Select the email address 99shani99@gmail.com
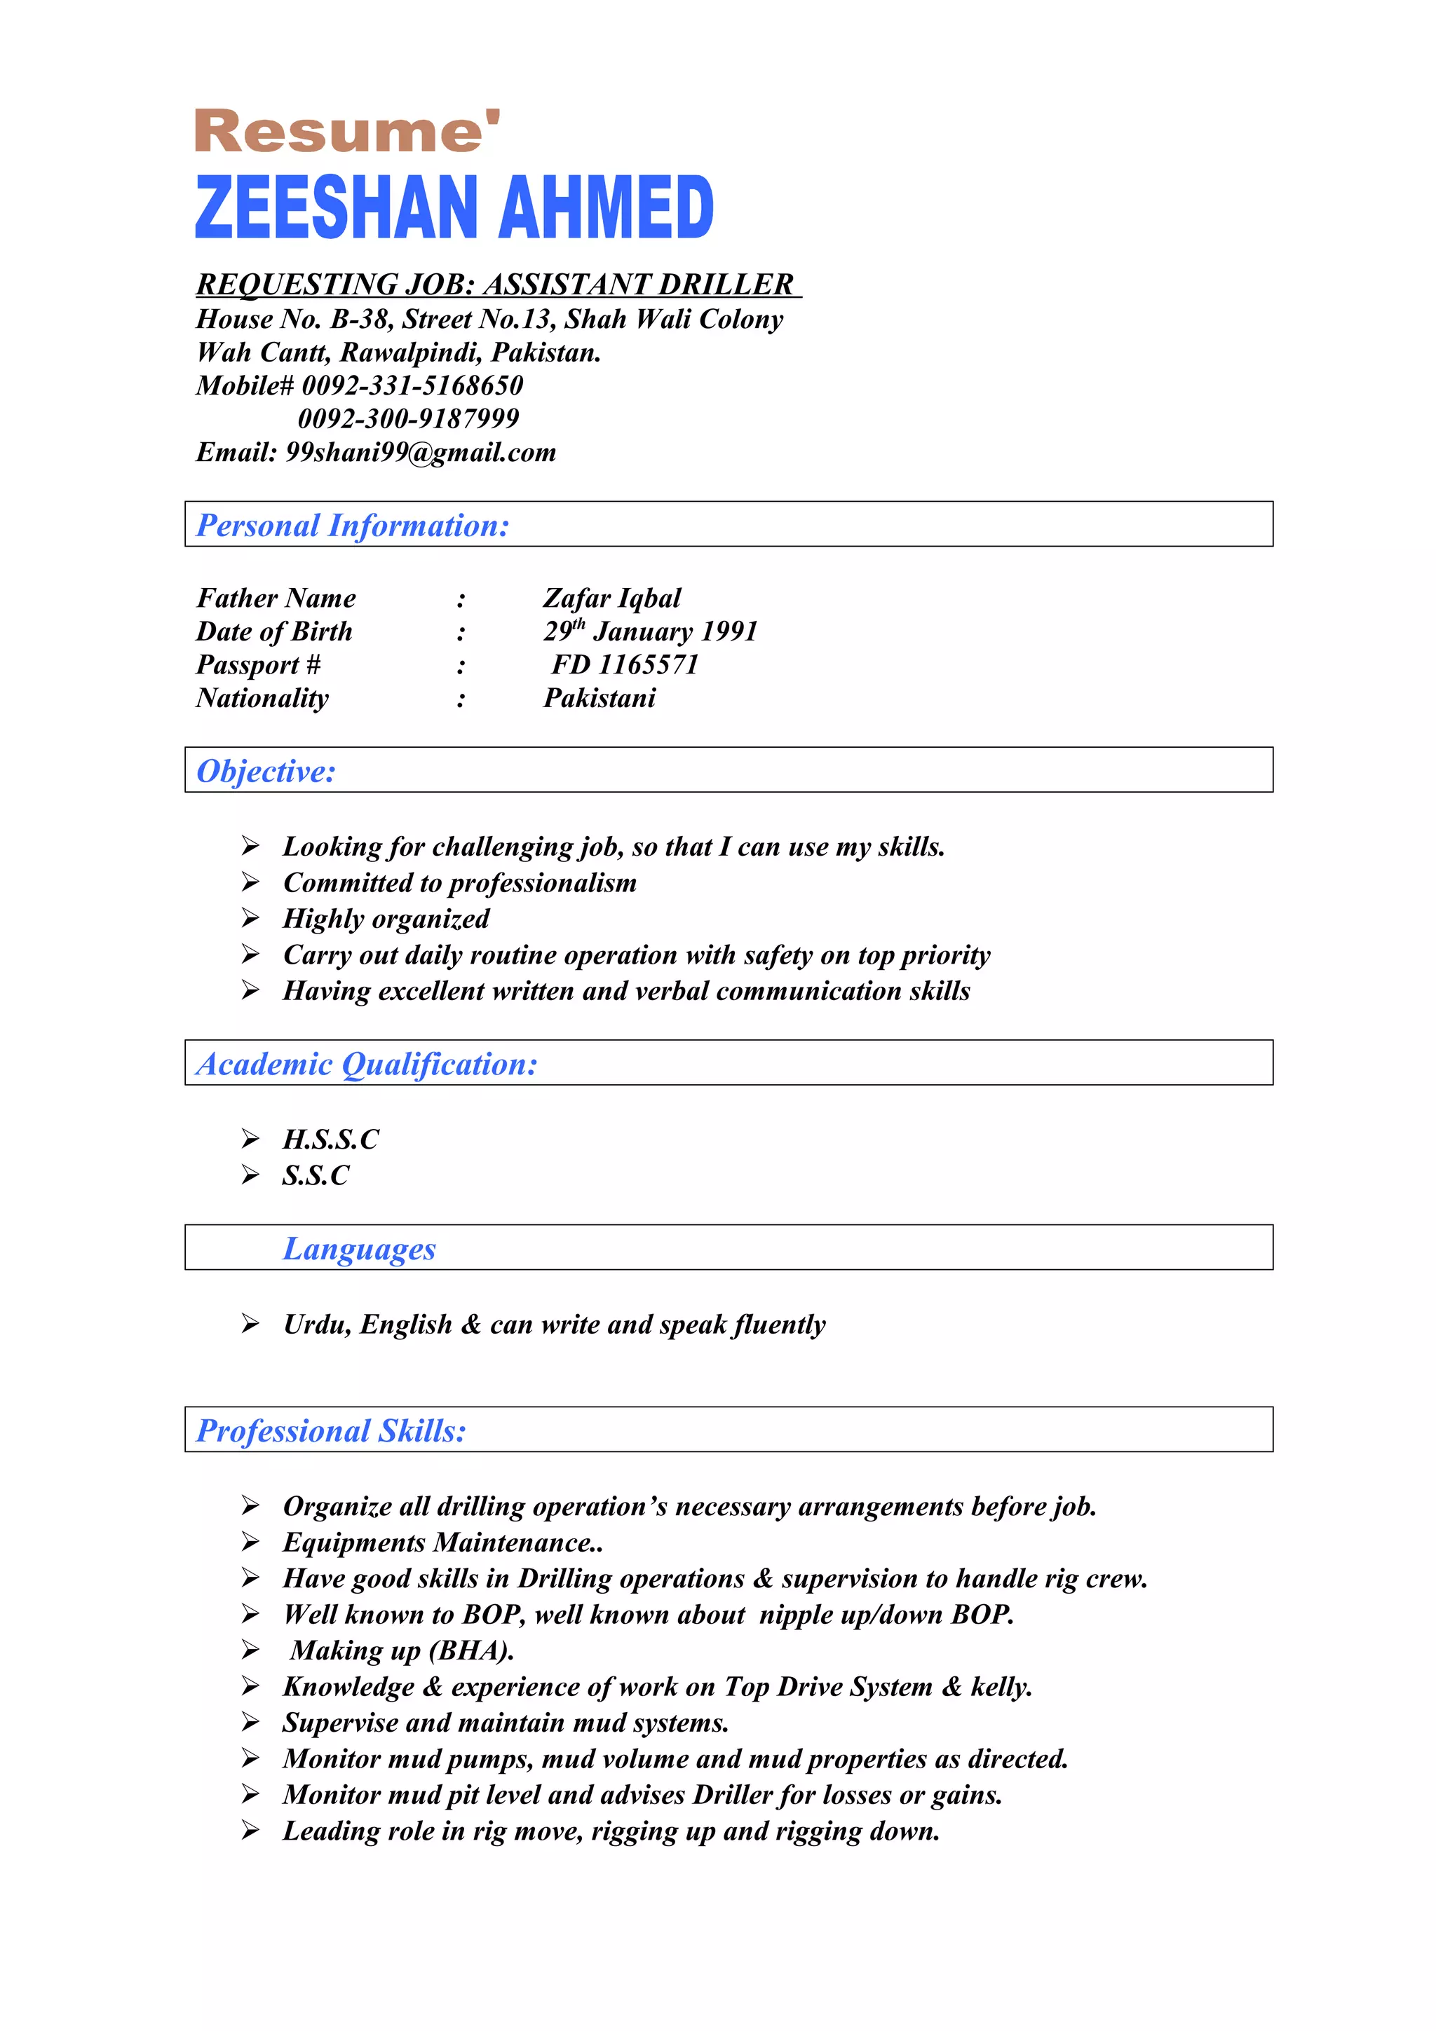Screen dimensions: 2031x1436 [420, 452]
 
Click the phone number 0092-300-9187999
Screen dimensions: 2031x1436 [408, 418]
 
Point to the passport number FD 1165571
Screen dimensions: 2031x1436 [625, 664]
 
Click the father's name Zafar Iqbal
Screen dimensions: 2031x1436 [611, 598]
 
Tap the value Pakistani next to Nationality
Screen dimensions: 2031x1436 [599, 698]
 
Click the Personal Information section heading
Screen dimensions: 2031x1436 [352, 526]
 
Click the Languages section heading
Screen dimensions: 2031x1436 [359, 1248]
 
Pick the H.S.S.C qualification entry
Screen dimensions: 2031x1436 [330, 1140]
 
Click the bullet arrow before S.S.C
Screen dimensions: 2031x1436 [250, 1175]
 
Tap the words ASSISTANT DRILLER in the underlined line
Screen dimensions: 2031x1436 [638, 284]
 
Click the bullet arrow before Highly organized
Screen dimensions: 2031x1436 [250, 918]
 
